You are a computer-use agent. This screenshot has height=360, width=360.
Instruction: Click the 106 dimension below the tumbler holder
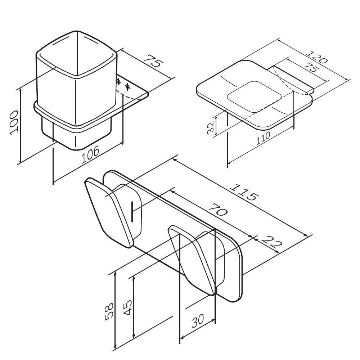[90, 154]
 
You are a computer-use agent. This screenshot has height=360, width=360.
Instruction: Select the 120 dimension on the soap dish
[317, 57]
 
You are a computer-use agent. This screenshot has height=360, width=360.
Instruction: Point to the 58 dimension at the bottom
[109, 311]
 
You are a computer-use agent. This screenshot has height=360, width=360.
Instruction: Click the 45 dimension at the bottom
[128, 307]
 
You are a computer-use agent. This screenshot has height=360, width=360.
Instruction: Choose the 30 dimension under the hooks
[198, 321]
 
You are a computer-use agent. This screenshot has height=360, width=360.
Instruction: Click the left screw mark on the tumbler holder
[118, 81]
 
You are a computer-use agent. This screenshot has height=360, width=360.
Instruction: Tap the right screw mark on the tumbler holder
[127, 87]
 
